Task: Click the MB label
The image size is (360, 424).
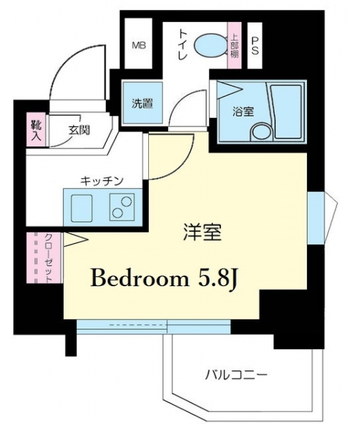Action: [139, 45]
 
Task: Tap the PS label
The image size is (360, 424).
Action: [255, 46]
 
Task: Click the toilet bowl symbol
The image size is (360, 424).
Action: [210, 46]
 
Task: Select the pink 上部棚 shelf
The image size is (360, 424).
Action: [234, 45]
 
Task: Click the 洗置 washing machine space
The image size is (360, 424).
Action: [143, 102]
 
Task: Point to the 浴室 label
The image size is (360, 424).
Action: [243, 112]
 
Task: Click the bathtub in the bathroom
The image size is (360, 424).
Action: [286, 112]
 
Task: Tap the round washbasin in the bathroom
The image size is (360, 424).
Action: [261, 133]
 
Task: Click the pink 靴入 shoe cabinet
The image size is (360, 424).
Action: [36, 131]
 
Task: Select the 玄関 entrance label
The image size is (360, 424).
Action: [79, 131]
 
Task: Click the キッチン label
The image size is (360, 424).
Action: [102, 180]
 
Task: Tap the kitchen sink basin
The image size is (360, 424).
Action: [81, 208]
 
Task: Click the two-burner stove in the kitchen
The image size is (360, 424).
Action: [122, 207]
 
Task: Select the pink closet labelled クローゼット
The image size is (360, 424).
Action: [44, 258]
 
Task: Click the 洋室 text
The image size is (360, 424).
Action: [203, 232]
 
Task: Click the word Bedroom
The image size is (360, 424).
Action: [140, 278]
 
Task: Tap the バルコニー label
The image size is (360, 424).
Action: [236, 375]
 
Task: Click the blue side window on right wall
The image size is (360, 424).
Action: [316, 218]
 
